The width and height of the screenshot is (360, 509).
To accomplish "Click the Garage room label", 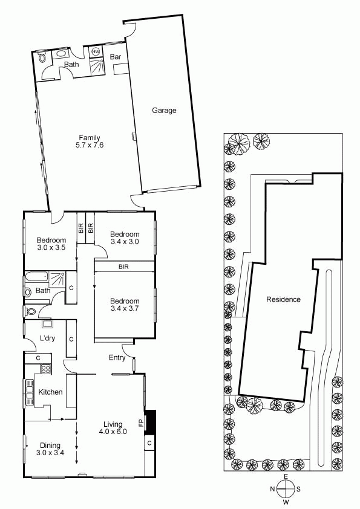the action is tap(164, 111).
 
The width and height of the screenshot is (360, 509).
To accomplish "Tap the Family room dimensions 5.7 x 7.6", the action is tap(90, 145).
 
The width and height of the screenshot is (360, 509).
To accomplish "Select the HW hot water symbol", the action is tap(96, 51).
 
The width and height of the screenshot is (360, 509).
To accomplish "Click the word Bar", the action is tap(116, 57).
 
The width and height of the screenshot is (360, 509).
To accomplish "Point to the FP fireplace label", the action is tap(141, 423).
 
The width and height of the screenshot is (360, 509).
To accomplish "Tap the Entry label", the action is tap(117, 358).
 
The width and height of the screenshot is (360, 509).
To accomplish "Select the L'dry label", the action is tap(47, 339).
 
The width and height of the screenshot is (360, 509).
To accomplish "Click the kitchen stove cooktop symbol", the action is tap(46, 369).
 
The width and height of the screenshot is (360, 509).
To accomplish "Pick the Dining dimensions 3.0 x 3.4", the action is tap(50, 453).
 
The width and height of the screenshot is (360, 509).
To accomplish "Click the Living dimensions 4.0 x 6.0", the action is tap(113, 432).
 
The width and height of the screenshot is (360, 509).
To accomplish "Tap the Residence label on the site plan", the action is tap(283, 299).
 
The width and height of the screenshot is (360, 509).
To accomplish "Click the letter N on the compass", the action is tap(273, 489).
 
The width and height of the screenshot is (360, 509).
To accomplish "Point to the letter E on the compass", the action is tap(286, 476).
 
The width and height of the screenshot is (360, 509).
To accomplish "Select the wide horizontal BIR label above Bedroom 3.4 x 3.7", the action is tap(124, 267).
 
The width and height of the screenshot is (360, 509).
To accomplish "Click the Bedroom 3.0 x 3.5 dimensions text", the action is tap(51, 248).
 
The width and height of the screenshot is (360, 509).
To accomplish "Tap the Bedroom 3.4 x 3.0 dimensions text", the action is tap(125, 242).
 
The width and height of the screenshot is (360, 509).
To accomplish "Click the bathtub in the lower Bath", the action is tap(36, 277).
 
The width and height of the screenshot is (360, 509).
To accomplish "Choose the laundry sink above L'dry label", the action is tap(47, 323).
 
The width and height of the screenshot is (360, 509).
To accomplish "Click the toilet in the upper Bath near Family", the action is tap(42, 58).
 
